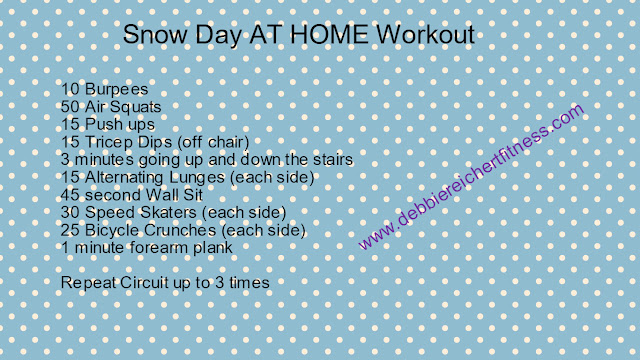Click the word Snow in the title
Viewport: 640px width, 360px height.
pos(156,34)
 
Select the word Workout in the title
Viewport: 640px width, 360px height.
pos(425,34)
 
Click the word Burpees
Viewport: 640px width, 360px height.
pos(116,89)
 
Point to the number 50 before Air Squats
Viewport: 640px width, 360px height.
pos(70,107)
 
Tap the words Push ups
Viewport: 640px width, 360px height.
pos(120,125)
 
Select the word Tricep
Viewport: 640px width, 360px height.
pos(109,142)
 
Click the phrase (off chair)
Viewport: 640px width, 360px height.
pos(213,142)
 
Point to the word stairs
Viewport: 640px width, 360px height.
pos(333,160)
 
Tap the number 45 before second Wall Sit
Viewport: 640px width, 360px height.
pos(70,195)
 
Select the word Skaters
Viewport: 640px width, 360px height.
pos(168,213)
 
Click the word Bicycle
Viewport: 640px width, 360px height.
pos(112,231)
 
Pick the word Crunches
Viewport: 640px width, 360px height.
pos(180,230)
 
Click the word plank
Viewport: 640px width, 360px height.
pos(213,248)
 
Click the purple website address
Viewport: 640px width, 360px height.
pos(471,176)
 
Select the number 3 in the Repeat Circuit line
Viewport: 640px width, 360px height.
pos(220,282)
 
